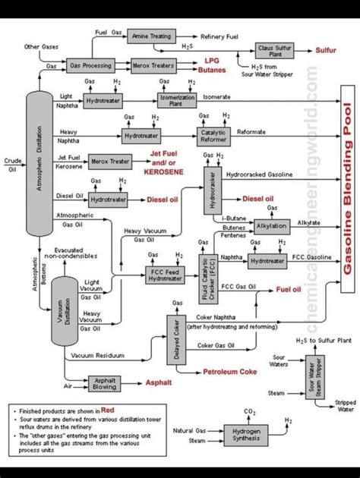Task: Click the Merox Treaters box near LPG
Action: (x=153, y=67)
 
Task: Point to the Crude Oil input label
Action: (x=12, y=165)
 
